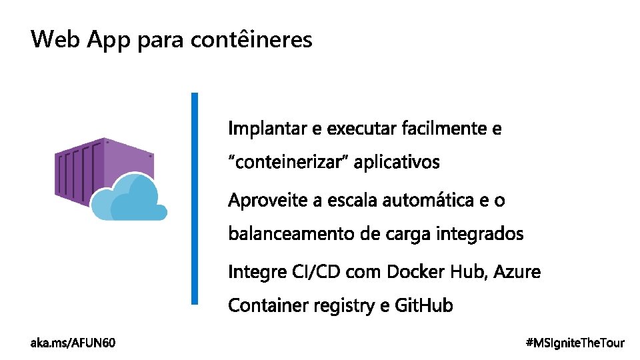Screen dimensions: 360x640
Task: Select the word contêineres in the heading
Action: pos(251,40)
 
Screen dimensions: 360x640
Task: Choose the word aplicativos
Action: pos(397,163)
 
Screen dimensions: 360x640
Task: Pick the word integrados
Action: pos(480,235)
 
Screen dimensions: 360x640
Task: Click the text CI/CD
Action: pos(310,272)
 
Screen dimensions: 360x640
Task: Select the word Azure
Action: pos(519,272)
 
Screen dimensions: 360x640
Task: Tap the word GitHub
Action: pos(424,306)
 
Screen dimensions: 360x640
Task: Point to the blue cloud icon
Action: pos(130,199)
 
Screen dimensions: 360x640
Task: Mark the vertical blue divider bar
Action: pos(195,198)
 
